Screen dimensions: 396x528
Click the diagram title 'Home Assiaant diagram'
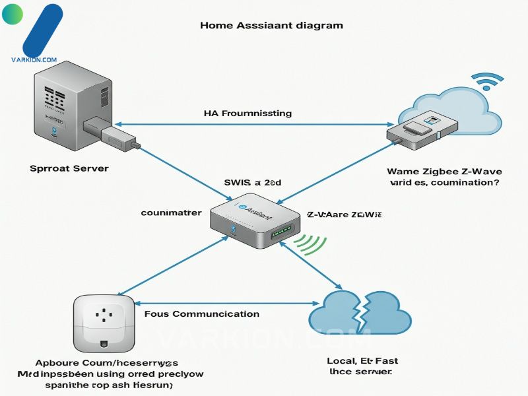[x=271, y=26]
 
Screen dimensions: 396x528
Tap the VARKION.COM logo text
[x=34, y=59]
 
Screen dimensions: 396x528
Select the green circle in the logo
[x=13, y=15]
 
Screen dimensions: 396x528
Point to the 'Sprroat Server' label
[x=69, y=168]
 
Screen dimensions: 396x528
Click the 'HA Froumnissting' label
[x=248, y=114]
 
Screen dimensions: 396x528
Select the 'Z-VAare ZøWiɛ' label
[x=345, y=215]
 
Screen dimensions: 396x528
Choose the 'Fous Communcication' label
[x=201, y=314]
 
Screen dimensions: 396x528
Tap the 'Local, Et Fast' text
[x=362, y=361]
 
